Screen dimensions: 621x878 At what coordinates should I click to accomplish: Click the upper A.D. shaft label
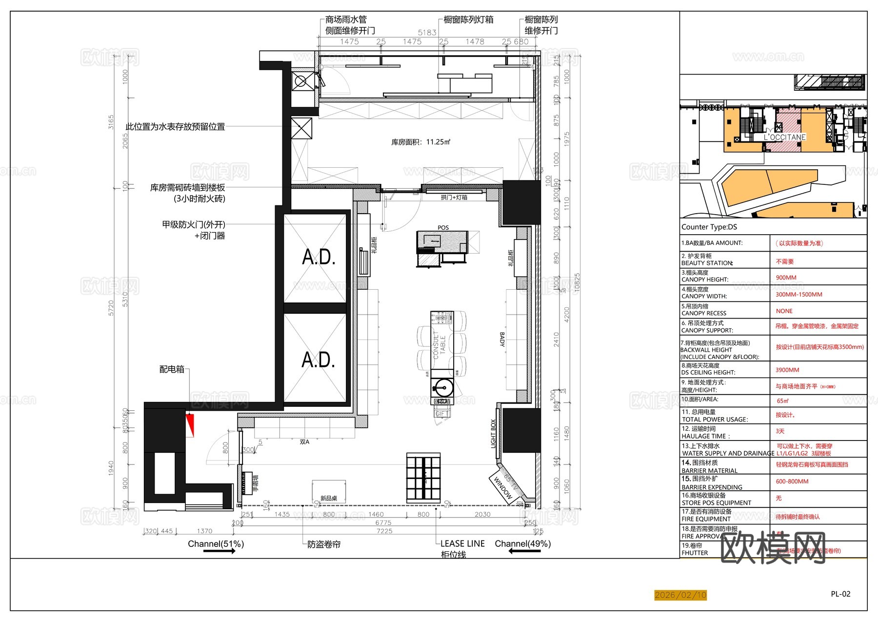pos(319,257)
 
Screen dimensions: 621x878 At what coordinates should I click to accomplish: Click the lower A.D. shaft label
pos(318,360)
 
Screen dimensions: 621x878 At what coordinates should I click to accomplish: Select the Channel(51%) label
pos(216,543)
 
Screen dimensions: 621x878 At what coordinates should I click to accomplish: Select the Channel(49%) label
pos(522,543)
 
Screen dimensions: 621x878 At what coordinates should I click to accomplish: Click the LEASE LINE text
pos(462,543)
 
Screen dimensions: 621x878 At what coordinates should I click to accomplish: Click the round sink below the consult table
pos(443,389)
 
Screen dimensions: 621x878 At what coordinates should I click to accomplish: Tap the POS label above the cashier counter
pos(443,228)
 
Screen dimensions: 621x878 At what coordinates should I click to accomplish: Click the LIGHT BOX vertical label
pos(493,434)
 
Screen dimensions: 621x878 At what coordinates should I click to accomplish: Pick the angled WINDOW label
pos(503,488)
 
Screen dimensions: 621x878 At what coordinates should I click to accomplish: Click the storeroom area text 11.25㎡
pos(420,142)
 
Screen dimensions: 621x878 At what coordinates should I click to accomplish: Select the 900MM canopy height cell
pos(786,278)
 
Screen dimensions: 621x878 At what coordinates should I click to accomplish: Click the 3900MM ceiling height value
pos(787,370)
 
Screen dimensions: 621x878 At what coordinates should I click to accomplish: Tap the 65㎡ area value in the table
pos(782,401)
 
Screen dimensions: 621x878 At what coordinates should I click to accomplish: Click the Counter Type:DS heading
pos(709,227)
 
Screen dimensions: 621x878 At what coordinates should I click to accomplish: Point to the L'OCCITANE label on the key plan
pos(784,137)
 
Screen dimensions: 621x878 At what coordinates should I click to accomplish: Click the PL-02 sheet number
pos(840,594)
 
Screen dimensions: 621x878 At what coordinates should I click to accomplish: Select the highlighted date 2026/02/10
pos(680,595)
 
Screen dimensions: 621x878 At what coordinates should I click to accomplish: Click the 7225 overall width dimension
pos(384,531)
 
